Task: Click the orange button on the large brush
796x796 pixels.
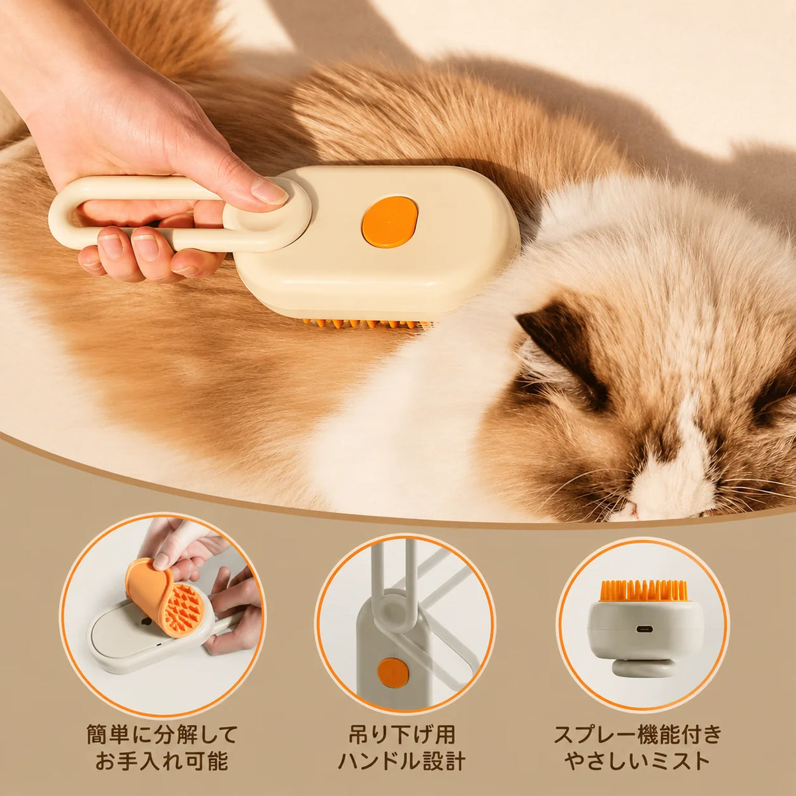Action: (390, 222)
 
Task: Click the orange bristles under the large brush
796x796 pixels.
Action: (367, 324)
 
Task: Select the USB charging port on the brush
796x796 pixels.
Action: (644, 629)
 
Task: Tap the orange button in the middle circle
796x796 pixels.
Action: (393, 673)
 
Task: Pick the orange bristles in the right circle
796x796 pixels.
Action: (643, 592)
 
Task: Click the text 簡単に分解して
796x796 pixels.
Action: (163, 735)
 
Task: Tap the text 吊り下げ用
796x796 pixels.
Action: (402, 735)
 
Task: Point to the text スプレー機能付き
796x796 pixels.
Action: (638, 735)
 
